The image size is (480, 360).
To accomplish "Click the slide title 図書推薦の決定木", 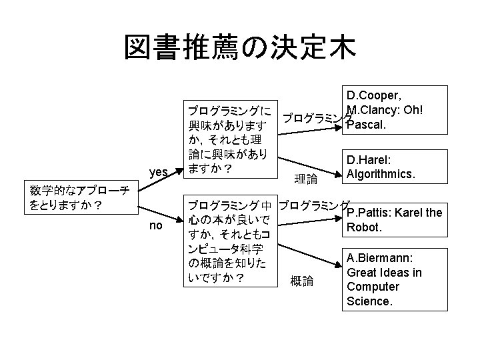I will [x=240, y=48].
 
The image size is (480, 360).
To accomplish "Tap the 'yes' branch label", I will [x=159, y=172].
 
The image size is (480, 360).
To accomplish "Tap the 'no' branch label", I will [x=156, y=225].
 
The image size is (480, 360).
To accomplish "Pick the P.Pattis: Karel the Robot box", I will [x=393, y=220].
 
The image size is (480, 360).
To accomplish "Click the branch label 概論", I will [x=301, y=281].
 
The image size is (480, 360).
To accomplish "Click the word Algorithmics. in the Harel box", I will [x=381, y=175].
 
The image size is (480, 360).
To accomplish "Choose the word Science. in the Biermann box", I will [x=369, y=301].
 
